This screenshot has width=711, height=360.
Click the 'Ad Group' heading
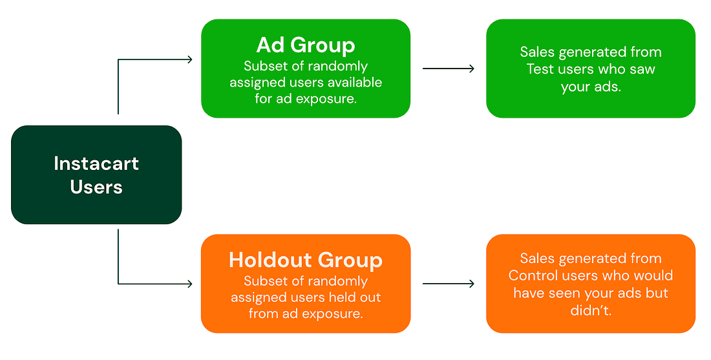coord(305,45)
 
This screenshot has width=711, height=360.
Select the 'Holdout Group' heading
coord(305,260)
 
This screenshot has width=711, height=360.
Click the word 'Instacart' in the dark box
coord(96,164)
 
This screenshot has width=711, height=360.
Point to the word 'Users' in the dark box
coord(96,187)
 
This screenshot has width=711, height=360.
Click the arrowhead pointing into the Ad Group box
coord(189,59)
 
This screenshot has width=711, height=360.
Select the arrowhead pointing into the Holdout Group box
coord(189,284)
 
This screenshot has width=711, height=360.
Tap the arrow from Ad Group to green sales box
coord(448,69)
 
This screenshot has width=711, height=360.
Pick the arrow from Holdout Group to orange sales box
coord(448,284)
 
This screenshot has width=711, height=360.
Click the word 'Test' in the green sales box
coord(540,69)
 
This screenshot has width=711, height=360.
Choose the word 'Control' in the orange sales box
coord(534,276)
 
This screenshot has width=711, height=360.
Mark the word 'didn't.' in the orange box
coord(590,310)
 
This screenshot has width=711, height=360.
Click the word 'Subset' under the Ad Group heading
coord(264,67)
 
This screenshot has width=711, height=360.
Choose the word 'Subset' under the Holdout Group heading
coord(264,282)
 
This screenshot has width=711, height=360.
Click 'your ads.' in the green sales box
coord(590,87)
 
